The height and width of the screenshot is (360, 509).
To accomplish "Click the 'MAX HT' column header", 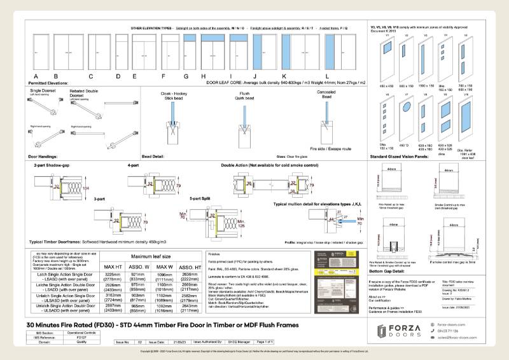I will point(114,266).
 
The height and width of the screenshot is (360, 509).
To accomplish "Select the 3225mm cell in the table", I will point(114,273).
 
